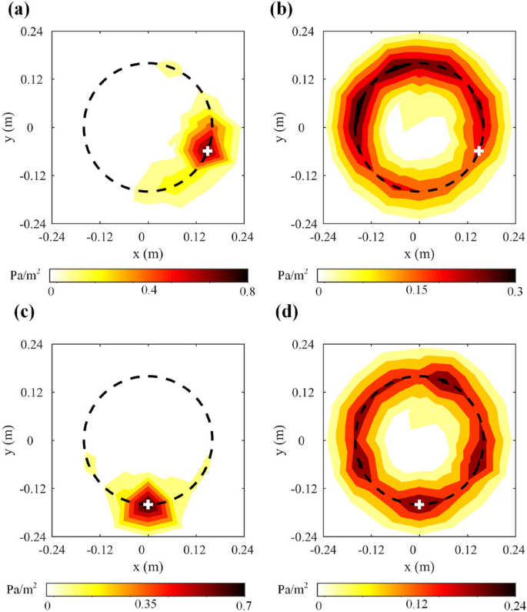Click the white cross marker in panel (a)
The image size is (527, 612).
point(208,151)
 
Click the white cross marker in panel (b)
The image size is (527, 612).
point(479,151)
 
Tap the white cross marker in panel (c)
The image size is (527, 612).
point(148,504)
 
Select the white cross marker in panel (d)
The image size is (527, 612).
point(419,504)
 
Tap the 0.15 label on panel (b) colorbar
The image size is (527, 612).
point(416,290)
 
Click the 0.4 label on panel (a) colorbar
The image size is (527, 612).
point(148,290)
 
